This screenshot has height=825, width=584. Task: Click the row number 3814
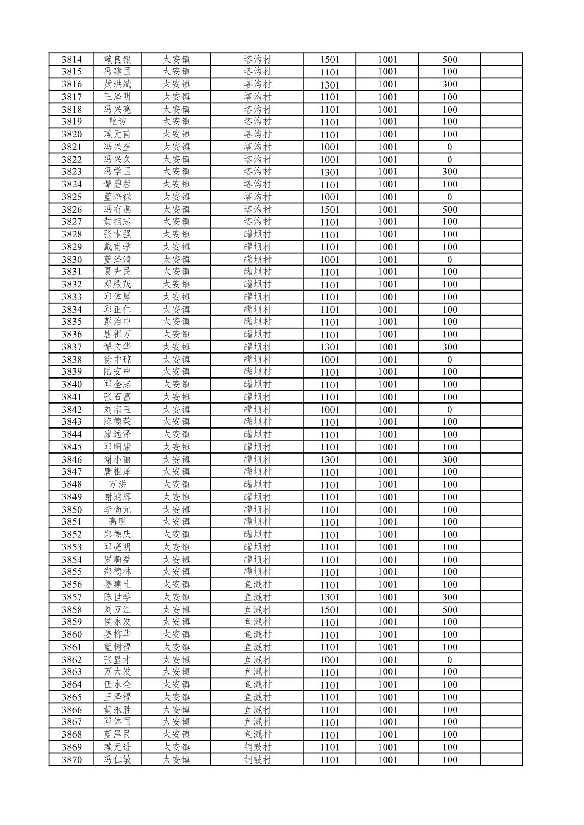(72, 60)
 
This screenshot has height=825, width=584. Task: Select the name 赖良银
(117, 60)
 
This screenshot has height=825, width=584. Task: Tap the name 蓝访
(117, 122)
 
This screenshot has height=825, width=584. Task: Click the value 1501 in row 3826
(329, 210)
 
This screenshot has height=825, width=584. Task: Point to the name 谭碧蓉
(117, 184)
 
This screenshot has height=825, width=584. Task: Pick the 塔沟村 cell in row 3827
(257, 222)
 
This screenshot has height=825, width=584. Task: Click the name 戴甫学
(117, 247)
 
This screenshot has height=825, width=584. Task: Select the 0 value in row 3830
(449, 260)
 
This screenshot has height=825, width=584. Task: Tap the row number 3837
(72, 347)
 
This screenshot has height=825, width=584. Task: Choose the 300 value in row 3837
(449, 347)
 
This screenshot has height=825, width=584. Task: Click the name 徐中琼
(117, 360)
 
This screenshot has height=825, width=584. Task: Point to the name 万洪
(117, 484)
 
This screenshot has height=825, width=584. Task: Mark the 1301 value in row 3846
(329, 460)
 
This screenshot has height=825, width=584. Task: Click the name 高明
(117, 522)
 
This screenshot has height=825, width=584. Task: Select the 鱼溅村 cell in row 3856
(257, 584)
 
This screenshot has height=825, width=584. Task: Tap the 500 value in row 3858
(449, 610)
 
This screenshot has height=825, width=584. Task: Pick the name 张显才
(117, 660)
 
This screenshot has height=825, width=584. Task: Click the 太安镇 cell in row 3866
(176, 710)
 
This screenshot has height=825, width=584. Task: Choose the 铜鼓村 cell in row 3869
(257, 747)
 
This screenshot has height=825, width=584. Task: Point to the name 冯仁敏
(117, 760)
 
